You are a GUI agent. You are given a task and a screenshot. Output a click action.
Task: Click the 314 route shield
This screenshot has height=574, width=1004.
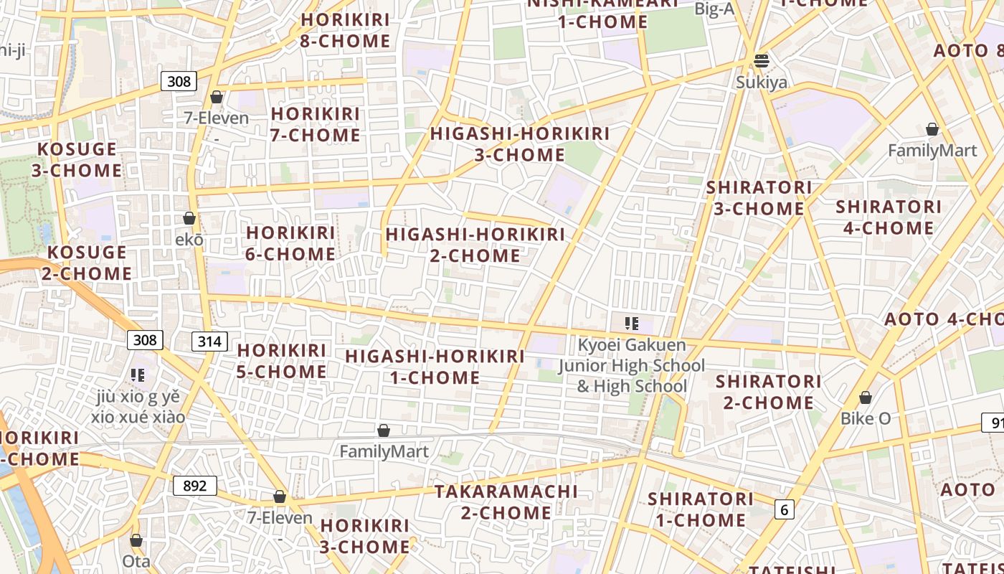(209, 341)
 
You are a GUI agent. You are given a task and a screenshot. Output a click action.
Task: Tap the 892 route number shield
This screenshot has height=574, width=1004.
(194, 486)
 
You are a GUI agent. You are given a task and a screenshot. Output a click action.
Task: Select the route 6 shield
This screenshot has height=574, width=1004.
(785, 509)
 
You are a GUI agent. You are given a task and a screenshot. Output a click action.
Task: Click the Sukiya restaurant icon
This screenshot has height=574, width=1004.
(762, 61)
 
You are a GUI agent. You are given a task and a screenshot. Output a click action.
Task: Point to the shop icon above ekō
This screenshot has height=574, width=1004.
(189, 218)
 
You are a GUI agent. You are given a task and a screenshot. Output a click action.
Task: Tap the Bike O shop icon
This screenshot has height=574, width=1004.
(866, 397)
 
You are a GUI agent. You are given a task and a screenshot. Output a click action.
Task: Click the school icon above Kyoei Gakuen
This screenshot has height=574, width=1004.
(631, 324)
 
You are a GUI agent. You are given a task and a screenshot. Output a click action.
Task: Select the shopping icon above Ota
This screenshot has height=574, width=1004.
(136, 540)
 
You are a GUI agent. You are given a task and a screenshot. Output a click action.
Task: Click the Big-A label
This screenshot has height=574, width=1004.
(715, 8)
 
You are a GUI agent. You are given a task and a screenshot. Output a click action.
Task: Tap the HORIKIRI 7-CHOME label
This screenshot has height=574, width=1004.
(316, 124)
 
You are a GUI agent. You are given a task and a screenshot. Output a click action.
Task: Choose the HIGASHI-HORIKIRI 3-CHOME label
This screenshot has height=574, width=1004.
(520, 144)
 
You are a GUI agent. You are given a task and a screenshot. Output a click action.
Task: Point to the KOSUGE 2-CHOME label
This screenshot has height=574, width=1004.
(86, 263)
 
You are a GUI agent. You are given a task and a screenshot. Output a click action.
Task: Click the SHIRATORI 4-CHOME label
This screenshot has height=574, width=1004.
(889, 217)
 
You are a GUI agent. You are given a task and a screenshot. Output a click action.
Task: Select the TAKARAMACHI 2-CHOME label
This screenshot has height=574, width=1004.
(506, 502)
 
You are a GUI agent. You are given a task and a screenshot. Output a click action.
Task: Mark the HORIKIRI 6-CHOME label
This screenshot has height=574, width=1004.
(290, 243)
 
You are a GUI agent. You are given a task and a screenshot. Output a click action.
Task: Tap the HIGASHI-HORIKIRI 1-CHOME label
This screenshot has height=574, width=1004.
(435, 367)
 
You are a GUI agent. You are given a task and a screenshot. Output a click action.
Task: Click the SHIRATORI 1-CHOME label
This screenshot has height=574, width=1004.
(701, 509)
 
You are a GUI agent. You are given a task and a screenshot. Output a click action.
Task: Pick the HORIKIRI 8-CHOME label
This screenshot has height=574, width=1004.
(345, 30)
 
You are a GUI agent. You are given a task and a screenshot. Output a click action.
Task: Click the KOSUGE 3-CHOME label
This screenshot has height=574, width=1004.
(77, 160)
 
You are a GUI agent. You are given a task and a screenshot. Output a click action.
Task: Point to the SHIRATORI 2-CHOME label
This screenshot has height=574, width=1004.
(768, 391)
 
